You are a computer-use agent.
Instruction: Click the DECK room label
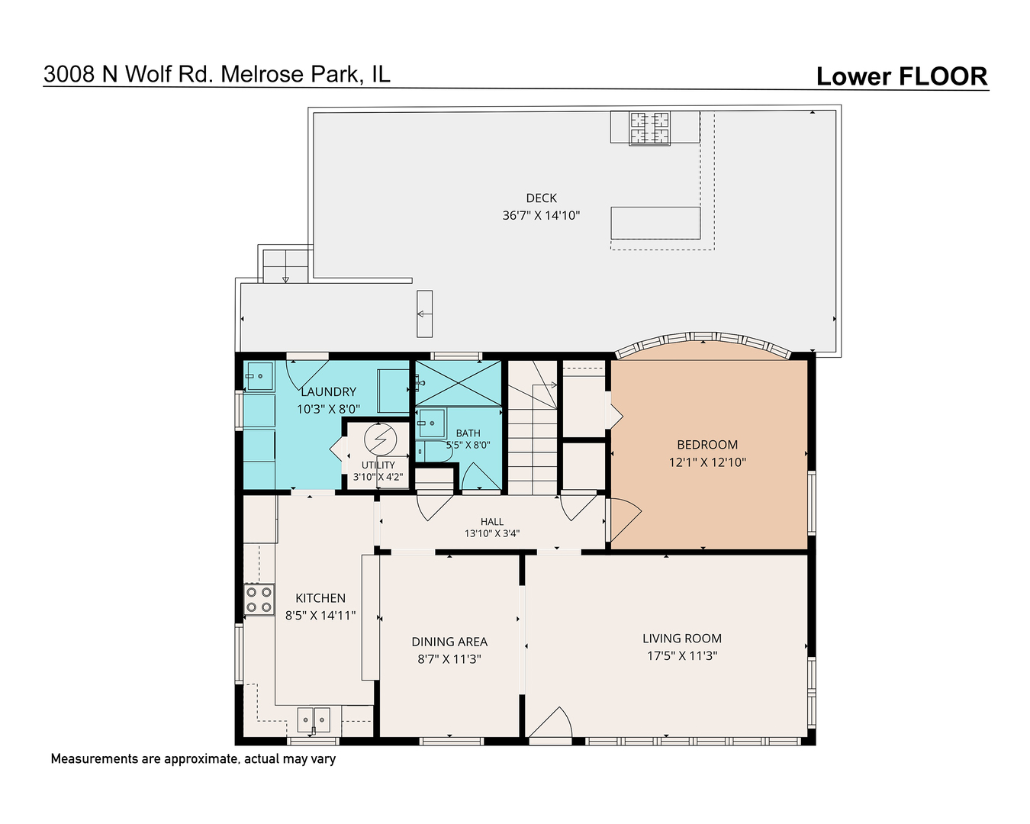(x=541, y=198)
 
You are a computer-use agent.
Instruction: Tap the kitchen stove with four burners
(x=259, y=600)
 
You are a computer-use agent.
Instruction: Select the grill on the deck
(x=649, y=128)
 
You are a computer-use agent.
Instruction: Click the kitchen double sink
(x=314, y=719)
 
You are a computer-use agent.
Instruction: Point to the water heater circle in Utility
(x=381, y=439)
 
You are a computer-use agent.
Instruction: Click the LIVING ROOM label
(x=681, y=638)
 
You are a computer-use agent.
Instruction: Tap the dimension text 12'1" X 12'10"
(x=707, y=462)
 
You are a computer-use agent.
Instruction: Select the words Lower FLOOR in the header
(x=901, y=76)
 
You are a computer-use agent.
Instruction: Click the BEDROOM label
(x=707, y=444)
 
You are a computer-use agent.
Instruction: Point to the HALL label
(x=492, y=521)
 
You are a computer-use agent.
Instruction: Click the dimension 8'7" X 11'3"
(x=449, y=658)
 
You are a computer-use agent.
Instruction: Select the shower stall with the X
(x=458, y=383)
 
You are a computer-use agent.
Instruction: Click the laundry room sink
(x=259, y=376)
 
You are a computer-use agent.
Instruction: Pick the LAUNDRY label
(x=328, y=391)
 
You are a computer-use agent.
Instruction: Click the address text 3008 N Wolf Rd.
(x=127, y=74)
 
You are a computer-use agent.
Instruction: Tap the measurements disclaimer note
(x=193, y=759)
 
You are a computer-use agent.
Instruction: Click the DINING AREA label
(x=449, y=642)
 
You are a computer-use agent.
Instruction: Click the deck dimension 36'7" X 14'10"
(x=541, y=215)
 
